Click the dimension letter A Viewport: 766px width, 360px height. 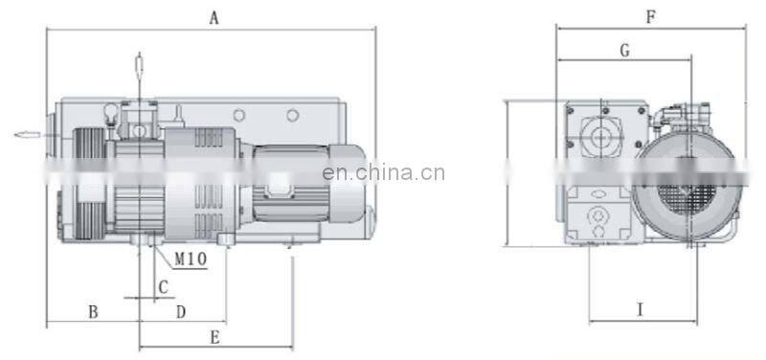[214, 16]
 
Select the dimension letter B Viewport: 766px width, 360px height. [93, 311]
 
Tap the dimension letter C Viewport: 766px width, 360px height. [163, 286]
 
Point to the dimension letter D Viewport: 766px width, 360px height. [180, 311]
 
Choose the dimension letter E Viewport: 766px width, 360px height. [214, 336]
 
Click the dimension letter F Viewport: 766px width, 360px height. [650, 16]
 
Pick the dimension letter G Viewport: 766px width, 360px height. [623, 51]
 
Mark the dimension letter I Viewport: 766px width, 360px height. [640, 308]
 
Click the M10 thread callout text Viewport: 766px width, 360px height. [191, 259]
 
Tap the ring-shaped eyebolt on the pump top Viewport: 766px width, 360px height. [113, 114]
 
